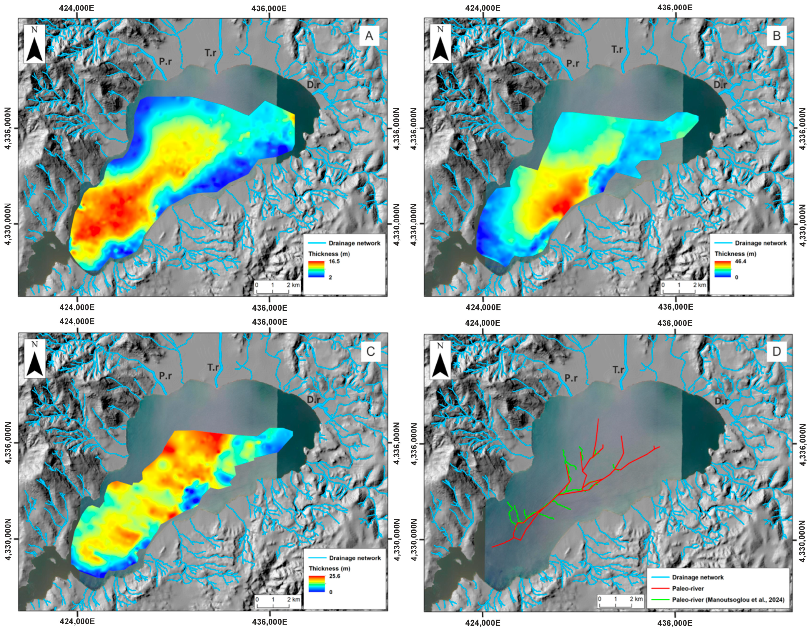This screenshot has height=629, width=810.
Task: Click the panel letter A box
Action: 369,36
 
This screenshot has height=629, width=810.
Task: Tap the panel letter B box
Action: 776,36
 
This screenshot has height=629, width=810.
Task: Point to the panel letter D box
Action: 776,351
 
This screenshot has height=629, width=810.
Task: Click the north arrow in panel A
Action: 35,44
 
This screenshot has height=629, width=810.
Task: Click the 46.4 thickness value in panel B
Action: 740,261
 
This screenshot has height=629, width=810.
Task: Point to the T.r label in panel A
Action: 211,53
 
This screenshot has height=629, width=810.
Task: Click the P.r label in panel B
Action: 572,64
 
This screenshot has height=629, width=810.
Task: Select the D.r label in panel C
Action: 313,400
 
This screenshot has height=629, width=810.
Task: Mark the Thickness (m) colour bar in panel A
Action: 316,269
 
